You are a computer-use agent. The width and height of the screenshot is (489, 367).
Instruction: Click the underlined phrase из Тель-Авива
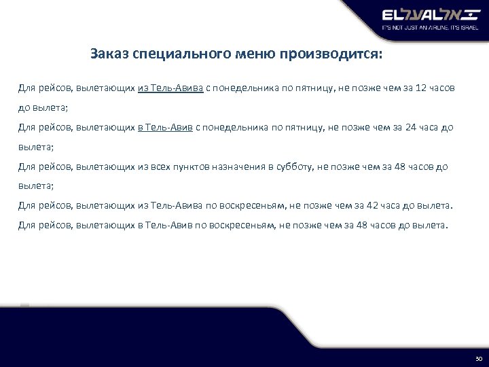[x=170, y=89]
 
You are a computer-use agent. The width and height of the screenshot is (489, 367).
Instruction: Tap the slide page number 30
[x=477, y=357]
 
